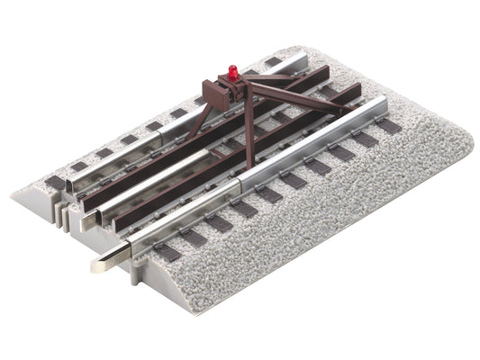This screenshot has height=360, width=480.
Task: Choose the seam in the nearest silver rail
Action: pos(240,184)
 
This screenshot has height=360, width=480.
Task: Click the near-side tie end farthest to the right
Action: pos(389,126)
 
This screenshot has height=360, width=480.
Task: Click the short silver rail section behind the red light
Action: pos(270,65)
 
